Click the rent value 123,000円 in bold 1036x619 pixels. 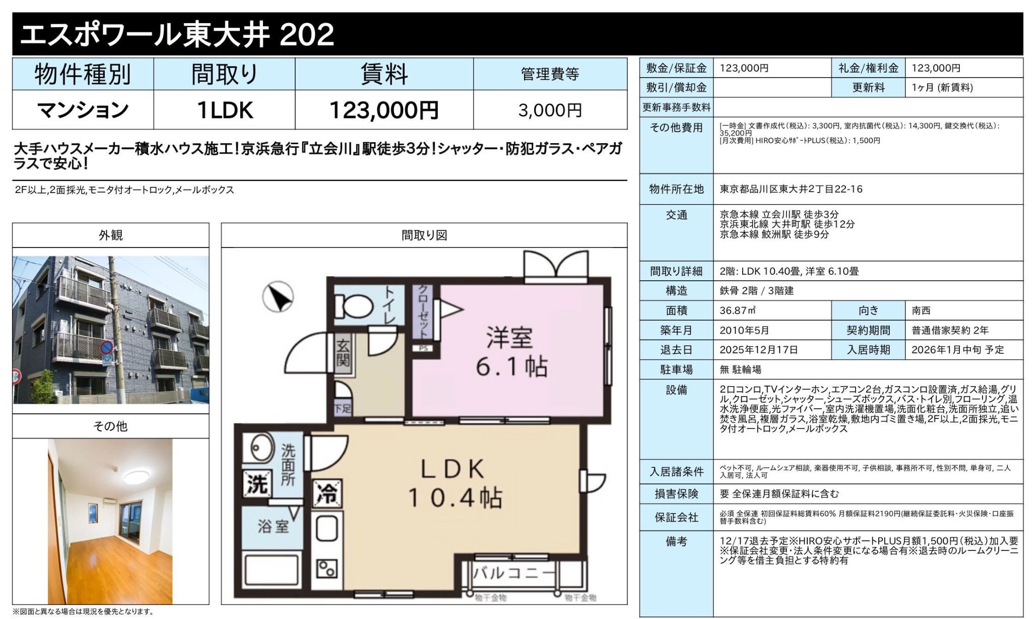pos(383,110)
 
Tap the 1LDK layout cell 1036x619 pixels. pos(224,110)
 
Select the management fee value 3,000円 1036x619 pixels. pos(550,110)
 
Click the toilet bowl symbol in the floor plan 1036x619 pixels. pos(355,305)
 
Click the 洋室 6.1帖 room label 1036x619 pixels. pos(510,352)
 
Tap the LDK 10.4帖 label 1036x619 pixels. pos(454,483)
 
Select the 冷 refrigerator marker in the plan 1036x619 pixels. pos(327,492)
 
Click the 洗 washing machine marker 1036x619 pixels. pos(256,484)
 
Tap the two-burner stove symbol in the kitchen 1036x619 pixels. pos(327,569)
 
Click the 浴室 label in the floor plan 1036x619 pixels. pos(273,527)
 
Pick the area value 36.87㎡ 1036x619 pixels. pos(738,311)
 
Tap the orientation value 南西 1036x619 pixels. pos(921,311)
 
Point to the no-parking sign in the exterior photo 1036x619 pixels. pos(106,347)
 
